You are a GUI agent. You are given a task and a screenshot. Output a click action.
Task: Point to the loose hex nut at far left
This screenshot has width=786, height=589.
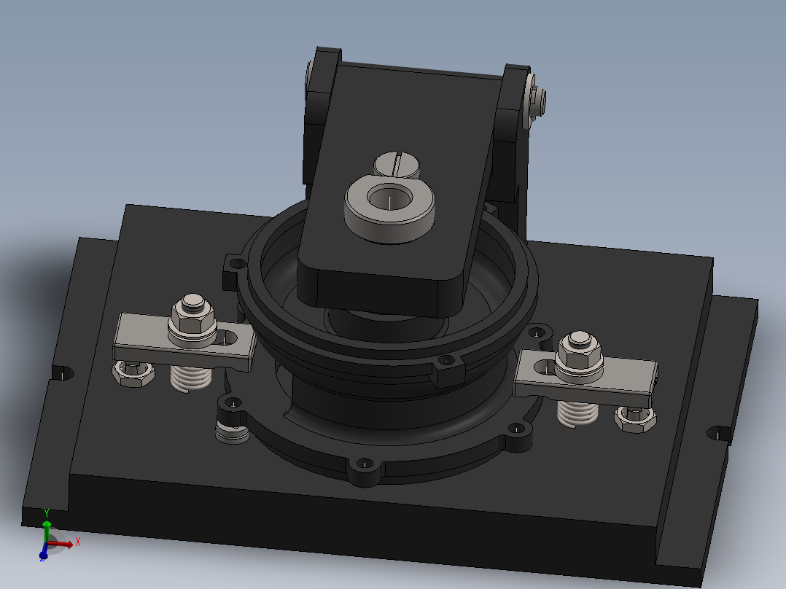[133, 375]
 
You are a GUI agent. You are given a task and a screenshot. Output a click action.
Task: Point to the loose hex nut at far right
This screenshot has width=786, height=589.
[635, 418]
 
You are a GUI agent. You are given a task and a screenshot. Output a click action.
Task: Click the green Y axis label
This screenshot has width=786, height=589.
[46, 512]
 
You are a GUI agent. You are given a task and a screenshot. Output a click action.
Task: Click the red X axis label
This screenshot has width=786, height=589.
[77, 542]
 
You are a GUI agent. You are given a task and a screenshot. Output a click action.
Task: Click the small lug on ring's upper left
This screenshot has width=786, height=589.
[234, 265]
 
